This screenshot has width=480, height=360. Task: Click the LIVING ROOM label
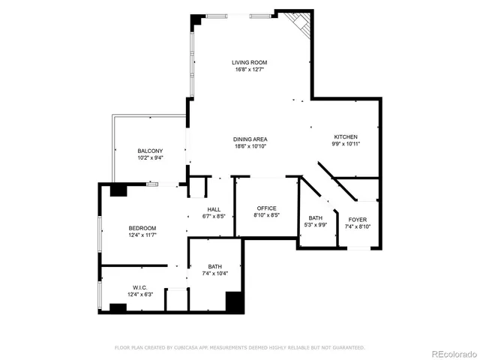(x=249, y=62)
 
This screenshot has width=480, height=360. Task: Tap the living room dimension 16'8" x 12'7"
(x=249, y=70)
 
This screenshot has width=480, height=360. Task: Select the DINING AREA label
(x=250, y=139)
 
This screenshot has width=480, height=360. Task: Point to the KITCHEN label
(x=345, y=136)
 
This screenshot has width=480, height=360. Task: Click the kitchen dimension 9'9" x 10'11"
(x=345, y=144)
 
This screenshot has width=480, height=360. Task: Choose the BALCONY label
(x=150, y=151)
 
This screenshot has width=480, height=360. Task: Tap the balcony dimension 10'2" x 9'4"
(x=150, y=158)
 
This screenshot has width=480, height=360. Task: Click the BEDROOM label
(x=142, y=228)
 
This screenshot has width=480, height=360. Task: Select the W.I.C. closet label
(x=139, y=286)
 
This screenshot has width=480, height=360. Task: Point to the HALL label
(x=214, y=209)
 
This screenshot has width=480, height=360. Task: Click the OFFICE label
(x=267, y=208)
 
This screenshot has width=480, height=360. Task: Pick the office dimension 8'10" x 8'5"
(x=267, y=215)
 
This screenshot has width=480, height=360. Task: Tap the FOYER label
(x=358, y=219)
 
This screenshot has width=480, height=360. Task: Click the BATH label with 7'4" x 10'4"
(x=214, y=266)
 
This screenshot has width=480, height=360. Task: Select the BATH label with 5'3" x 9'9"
(x=315, y=218)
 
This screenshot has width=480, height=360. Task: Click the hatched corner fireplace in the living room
(x=301, y=22)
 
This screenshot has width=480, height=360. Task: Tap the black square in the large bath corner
(x=234, y=301)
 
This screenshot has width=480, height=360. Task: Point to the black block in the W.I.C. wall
(x=117, y=307)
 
